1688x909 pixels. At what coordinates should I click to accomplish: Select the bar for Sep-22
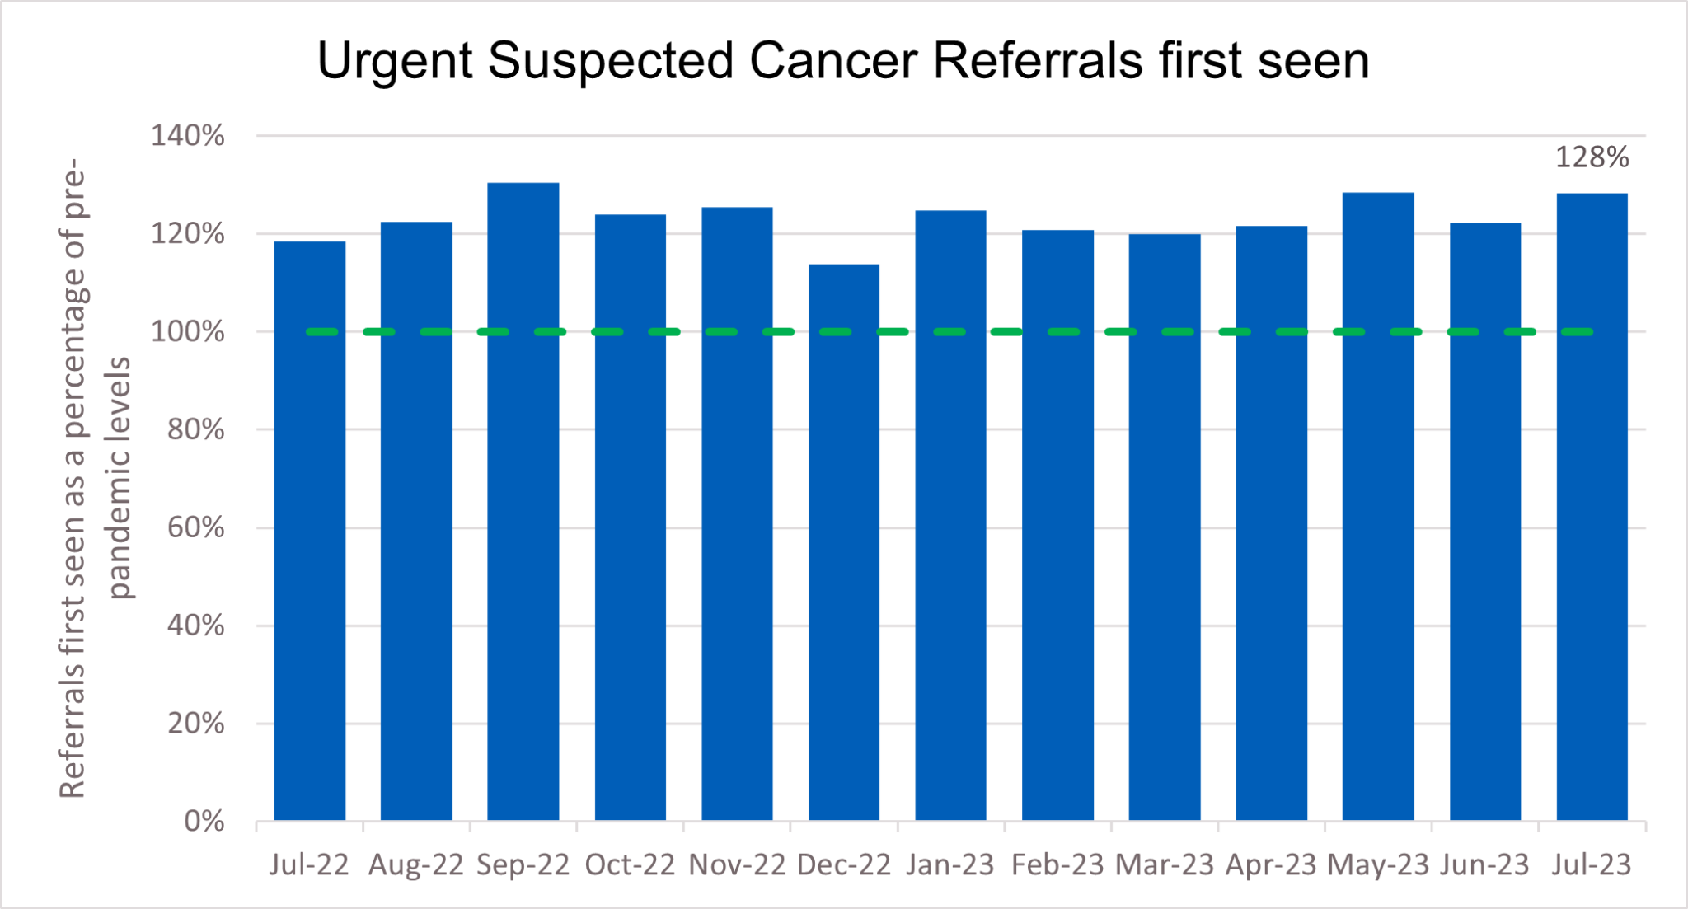point(523,503)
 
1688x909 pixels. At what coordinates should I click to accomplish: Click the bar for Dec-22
point(843,544)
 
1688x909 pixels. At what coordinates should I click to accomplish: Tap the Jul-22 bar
point(309,532)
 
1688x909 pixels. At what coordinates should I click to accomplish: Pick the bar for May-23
point(1377,507)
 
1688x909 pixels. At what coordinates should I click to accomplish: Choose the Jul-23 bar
point(1591,507)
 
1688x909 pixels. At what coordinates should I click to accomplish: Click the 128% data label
point(1591,157)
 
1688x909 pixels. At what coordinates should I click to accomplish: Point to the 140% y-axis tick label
point(187,136)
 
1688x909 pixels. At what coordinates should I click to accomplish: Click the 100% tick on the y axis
point(187,332)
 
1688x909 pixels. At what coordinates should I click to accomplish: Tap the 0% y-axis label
point(204,822)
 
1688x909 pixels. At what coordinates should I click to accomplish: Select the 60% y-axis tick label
point(195,527)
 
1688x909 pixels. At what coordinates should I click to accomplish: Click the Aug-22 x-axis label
point(415,865)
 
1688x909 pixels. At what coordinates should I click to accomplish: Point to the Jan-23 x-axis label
point(950,865)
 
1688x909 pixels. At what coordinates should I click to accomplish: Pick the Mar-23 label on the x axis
point(1164,865)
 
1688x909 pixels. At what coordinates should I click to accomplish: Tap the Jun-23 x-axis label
point(1484,865)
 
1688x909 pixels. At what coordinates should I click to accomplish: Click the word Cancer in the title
point(832,61)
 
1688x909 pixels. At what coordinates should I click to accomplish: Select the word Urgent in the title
point(394,63)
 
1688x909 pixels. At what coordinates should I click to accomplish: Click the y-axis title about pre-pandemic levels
point(95,478)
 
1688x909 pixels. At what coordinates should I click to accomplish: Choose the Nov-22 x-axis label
point(737,865)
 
